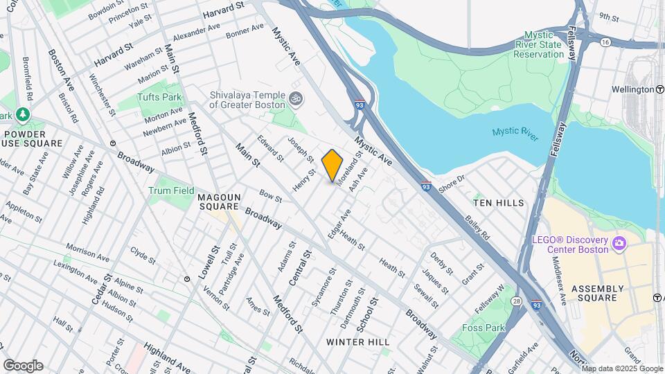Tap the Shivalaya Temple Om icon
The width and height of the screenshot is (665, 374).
296,98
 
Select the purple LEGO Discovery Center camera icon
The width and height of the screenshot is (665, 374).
619,243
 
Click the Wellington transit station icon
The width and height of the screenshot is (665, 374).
659,89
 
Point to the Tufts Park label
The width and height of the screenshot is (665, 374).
156,97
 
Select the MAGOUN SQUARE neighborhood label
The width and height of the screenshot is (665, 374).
219,202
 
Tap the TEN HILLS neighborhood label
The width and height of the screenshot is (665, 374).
498,202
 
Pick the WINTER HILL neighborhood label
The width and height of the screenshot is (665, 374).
357,342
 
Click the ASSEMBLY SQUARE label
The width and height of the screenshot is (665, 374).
610,294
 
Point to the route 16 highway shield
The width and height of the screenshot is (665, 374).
605,42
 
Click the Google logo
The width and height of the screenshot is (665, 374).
23,365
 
